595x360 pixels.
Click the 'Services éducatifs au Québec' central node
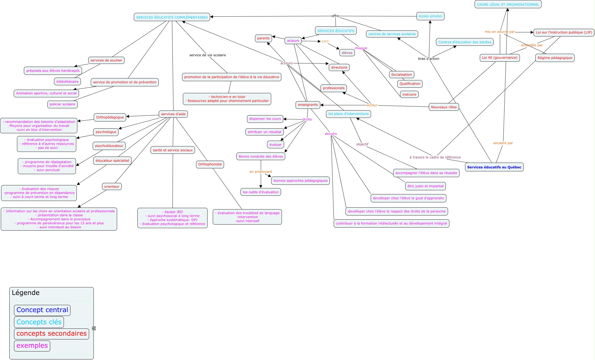click(x=494, y=167)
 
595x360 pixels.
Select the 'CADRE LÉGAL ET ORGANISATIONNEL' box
click(x=508, y=4)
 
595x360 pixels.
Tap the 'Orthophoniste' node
click(x=210, y=164)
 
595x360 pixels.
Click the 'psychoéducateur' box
click(x=109, y=146)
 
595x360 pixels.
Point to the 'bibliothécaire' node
click(x=67, y=81)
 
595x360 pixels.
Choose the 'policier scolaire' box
click(x=63, y=104)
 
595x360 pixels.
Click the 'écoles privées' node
click(x=430, y=16)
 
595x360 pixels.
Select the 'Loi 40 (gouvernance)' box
click(x=500, y=58)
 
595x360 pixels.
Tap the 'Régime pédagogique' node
click(x=555, y=58)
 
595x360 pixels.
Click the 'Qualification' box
click(x=410, y=84)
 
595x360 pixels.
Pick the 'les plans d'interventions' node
click(x=348, y=114)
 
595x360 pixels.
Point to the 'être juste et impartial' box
click(x=425, y=186)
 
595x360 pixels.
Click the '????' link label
click(x=325, y=42)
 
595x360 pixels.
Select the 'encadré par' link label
click(x=503, y=143)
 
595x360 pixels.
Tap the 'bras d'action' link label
click(x=429, y=59)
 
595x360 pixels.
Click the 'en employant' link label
click(x=260, y=172)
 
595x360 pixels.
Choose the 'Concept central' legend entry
click(x=42, y=310)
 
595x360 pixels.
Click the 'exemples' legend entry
click(x=32, y=346)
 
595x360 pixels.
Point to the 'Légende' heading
click(x=26, y=293)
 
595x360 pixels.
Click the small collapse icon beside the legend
click(x=94, y=328)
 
